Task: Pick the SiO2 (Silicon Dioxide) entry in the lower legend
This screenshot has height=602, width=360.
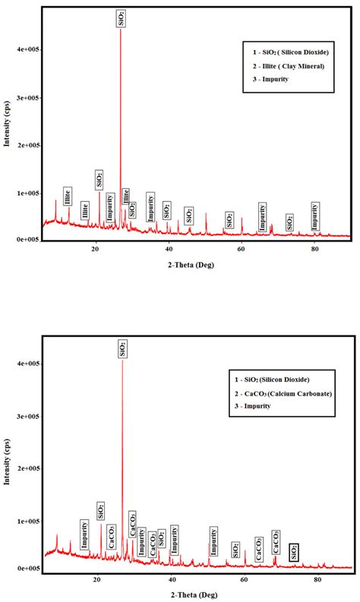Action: tap(279, 379)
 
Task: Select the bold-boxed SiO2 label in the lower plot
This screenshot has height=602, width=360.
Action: tap(294, 552)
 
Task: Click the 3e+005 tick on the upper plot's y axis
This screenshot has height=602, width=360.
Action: tap(28, 98)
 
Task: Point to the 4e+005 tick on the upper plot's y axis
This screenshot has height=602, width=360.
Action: tap(28, 50)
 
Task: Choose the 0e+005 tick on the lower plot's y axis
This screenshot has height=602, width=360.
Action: tap(28, 568)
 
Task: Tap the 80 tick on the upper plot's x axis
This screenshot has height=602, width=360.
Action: tap(315, 247)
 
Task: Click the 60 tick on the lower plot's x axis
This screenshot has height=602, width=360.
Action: tap(244, 579)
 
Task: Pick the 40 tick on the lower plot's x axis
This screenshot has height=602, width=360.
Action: tap(170, 579)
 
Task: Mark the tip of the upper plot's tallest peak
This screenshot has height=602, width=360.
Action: tap(121, 30)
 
